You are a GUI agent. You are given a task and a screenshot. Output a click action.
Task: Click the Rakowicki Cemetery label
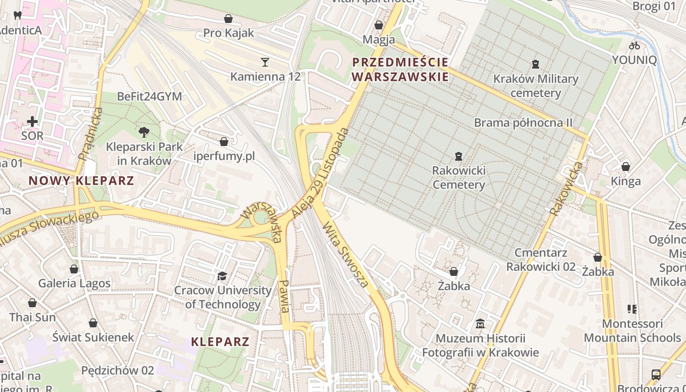(459, 178)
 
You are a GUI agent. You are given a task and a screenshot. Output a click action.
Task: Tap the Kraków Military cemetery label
(536, 86)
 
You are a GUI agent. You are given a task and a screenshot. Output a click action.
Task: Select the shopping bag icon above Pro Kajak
(228, 19)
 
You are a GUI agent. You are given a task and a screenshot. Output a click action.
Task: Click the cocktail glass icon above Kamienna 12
(265, 62)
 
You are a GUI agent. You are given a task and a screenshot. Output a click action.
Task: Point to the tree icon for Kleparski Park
(144, 131)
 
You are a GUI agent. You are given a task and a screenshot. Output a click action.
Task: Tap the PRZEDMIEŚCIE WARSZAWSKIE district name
(400, 70)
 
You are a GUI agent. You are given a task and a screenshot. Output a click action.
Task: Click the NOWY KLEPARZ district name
(81, 181)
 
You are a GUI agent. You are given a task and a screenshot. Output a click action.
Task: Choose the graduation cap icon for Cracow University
(222, 276)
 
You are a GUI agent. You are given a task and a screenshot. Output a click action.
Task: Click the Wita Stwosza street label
(345, 254)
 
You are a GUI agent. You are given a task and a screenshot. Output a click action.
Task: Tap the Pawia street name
(284, 296)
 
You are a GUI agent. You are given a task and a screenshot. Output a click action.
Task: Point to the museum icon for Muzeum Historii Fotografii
(480, 324)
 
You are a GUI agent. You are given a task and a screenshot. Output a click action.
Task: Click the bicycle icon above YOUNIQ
(635, 46)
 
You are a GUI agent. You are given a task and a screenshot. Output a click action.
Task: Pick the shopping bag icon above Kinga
(625, 167)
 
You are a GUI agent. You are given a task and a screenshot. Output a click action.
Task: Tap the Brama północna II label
(523, 122)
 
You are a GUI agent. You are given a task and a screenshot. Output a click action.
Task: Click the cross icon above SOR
(32, 121)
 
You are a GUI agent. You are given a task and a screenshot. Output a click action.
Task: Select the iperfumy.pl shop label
(224, 156)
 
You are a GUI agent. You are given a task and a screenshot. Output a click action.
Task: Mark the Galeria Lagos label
(74, 283)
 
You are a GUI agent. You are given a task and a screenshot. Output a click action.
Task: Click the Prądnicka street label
(90, 134)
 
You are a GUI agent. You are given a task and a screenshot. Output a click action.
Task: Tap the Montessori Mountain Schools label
(632, 331)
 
